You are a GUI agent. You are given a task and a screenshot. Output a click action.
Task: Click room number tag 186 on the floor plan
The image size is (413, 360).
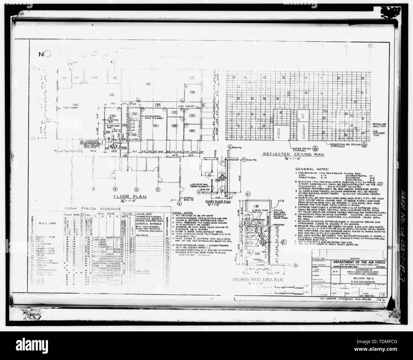[148, 83]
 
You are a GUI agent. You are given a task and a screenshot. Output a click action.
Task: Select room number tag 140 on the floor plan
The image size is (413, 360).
[192, 131]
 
